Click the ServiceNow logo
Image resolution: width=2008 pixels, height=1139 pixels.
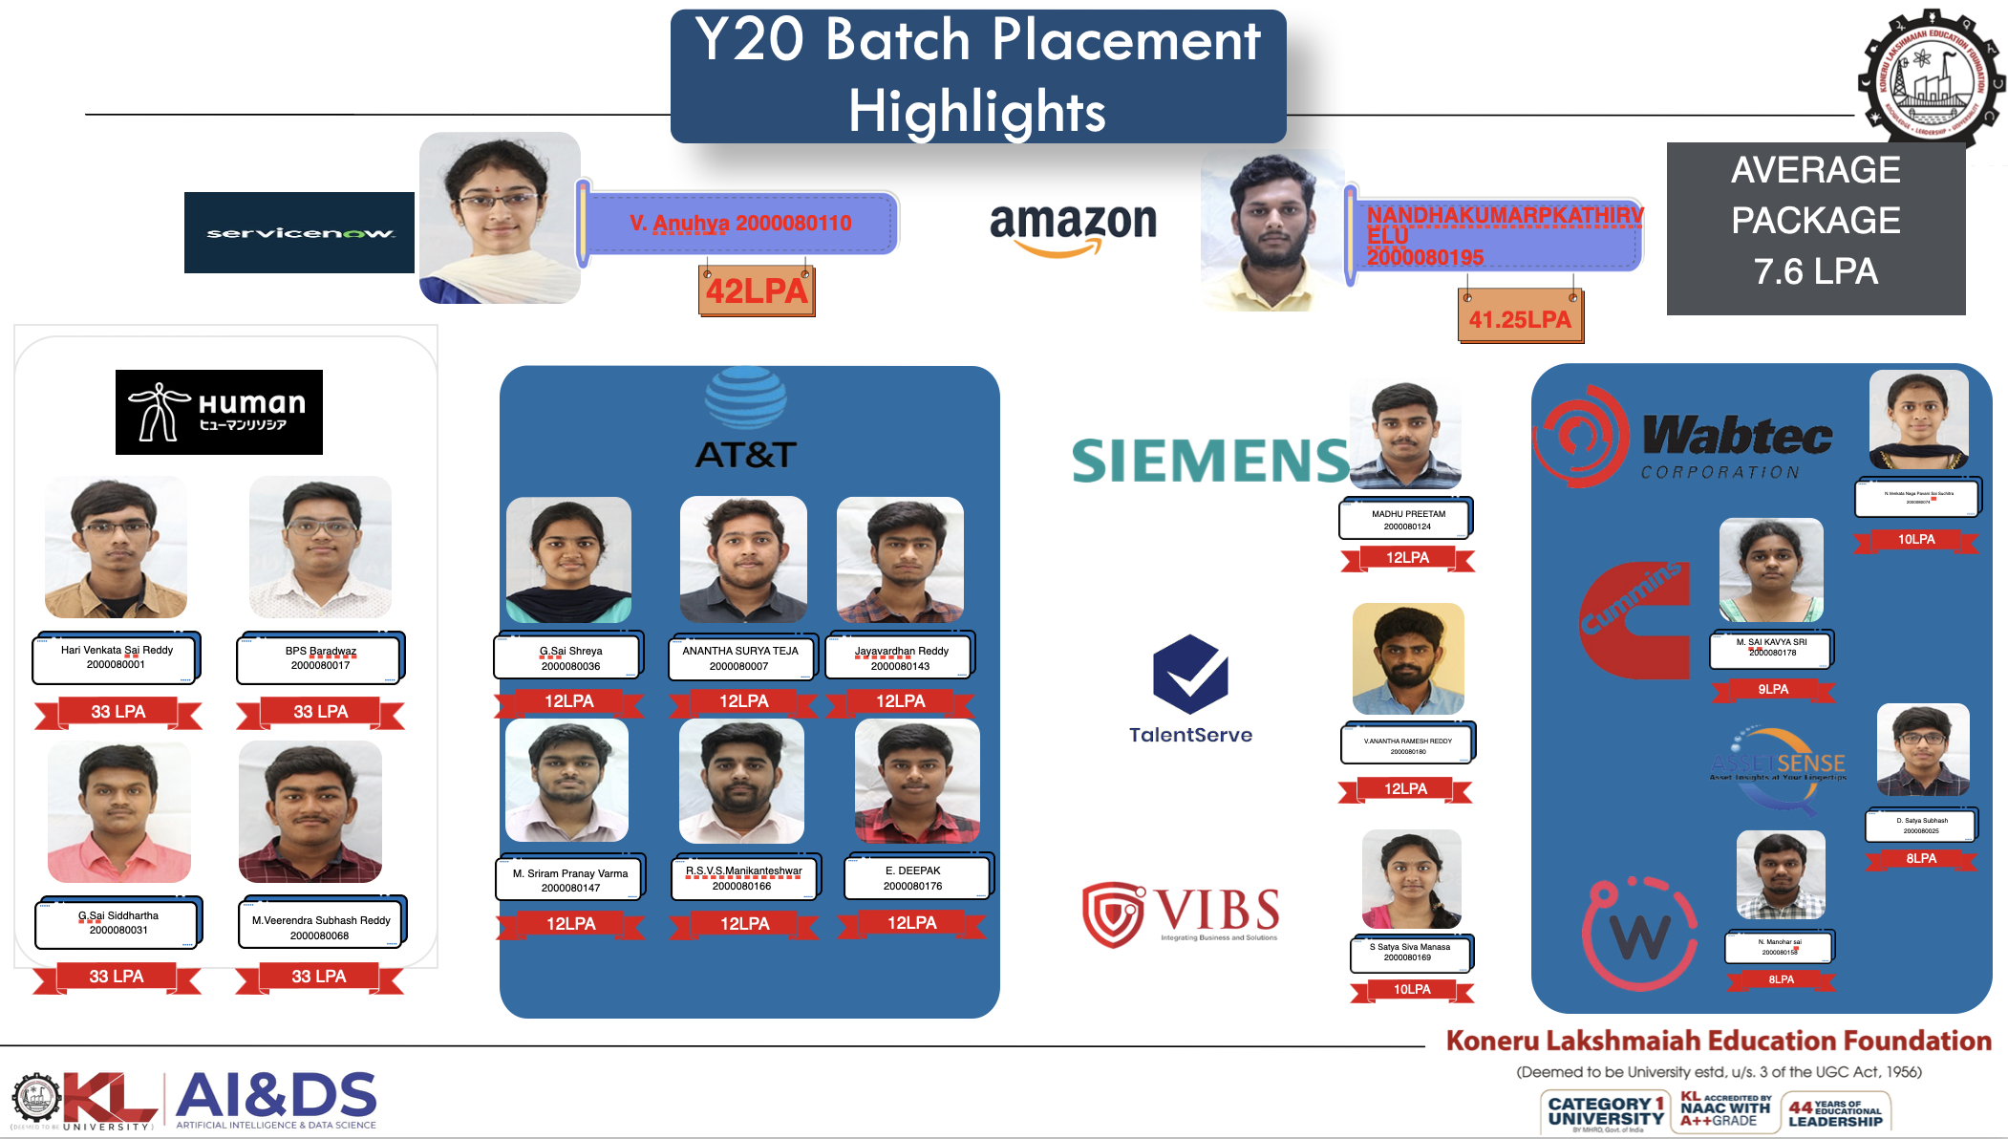(x=299, y=232)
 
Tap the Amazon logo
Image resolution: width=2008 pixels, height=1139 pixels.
(x=1073, y=227)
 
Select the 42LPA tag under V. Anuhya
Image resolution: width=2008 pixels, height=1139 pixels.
(x=757, y=290)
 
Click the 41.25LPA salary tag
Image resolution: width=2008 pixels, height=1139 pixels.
(x=1519, y=319)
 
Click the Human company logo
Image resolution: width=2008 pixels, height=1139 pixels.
(x=219, y=412)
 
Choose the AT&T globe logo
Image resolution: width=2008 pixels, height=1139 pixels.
(x=746, y=398)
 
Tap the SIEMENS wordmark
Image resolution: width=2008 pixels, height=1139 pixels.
(x=1209, y=461)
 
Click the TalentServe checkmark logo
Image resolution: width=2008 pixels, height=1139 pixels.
(x=1190, y=674)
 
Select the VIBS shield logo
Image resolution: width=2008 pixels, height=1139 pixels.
(x=1113, y=913)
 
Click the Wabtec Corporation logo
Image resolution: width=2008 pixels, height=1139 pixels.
(x=1683, y=438)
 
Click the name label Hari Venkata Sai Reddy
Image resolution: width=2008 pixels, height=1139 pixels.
(x=117, y=657)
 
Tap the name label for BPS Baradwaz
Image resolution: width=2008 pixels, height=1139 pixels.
(x=320, y=658)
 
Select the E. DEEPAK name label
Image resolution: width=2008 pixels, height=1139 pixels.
(x=914, y=877)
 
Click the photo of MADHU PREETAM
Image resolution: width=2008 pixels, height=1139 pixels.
(x=1405, y=435)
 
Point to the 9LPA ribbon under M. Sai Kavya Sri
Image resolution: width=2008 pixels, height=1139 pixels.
(x=1773, y=689)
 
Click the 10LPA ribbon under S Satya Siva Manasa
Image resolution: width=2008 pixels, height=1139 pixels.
(x=1411, y=989)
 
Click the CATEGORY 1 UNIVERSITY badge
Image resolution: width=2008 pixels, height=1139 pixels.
(x=1606, y=1111)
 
